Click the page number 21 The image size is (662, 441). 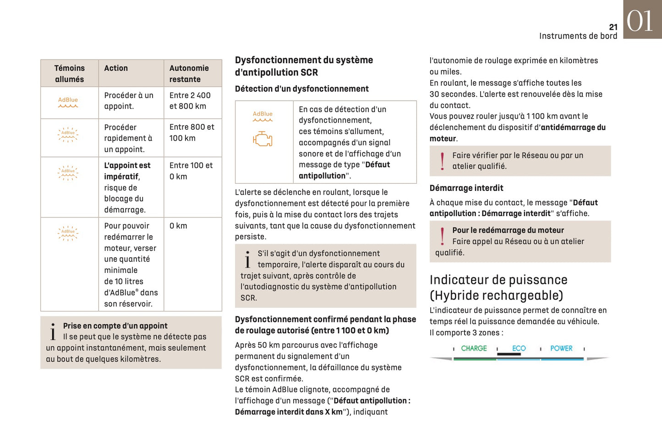coord(613,27)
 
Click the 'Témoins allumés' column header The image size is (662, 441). coord(69,73)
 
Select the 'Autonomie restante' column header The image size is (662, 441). coord(189,73)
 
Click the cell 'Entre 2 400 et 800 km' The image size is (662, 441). coord(190,101)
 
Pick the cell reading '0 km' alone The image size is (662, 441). coord(178,226)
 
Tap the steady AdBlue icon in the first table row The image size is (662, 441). coord(68,102)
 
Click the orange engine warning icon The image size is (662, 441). coord(263,139)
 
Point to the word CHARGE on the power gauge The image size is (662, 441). coord(474,348)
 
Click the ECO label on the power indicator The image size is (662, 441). coord(519,348)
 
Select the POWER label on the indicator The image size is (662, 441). coord(561,348)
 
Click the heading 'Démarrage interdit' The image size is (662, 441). coord(466,188)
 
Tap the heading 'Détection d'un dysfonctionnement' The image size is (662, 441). coord(301,89)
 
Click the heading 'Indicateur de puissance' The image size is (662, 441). coord(498,280)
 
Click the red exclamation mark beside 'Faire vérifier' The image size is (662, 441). coord(442,161)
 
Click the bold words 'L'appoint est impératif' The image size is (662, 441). coord(127,171)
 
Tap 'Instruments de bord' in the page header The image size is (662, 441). coord(578,36)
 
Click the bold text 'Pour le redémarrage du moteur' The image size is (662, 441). coord(508,230)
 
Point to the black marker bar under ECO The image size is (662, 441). coord(509,354)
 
